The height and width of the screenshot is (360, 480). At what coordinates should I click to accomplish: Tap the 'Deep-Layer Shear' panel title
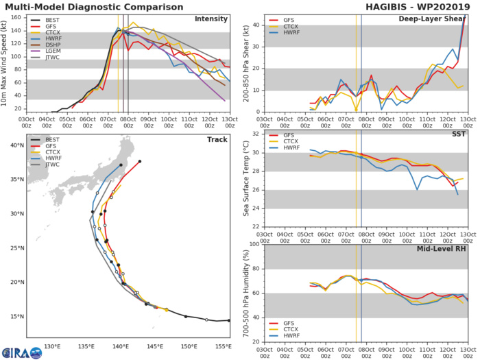(430, 19)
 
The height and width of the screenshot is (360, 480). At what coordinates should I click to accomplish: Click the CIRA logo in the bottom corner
(21, 352)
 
